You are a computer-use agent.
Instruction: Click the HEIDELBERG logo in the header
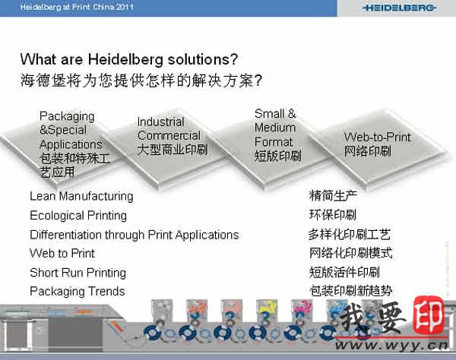tap(400, 8)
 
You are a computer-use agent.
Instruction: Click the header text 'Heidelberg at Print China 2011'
tap(77, 7)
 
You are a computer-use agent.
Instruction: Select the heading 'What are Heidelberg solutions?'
tap(129, 59)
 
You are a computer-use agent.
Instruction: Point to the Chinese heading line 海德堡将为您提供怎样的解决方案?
tap(141, 81)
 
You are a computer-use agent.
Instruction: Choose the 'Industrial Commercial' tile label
tap(169, 128)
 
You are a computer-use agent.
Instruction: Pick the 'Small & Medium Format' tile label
tap(275, 128)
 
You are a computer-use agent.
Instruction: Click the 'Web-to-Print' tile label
tap(377, 137)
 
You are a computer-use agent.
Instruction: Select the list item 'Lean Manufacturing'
tap(81, 197)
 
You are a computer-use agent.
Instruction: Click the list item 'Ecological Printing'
tap(78, 216)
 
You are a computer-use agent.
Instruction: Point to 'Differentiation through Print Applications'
tap(135, 235)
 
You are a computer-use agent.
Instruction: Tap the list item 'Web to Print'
tap(62, 254)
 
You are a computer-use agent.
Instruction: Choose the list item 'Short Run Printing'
tap(78, 273)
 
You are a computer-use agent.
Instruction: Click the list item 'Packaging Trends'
tap(78, 292)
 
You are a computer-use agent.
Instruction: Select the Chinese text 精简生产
tap(333, 196)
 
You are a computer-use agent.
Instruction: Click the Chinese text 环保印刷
tap(333, 215)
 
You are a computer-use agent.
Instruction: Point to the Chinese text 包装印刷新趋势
tap(350, 291)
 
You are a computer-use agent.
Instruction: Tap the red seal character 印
tap(429, 316)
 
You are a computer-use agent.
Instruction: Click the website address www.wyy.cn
tap(391, 345)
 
